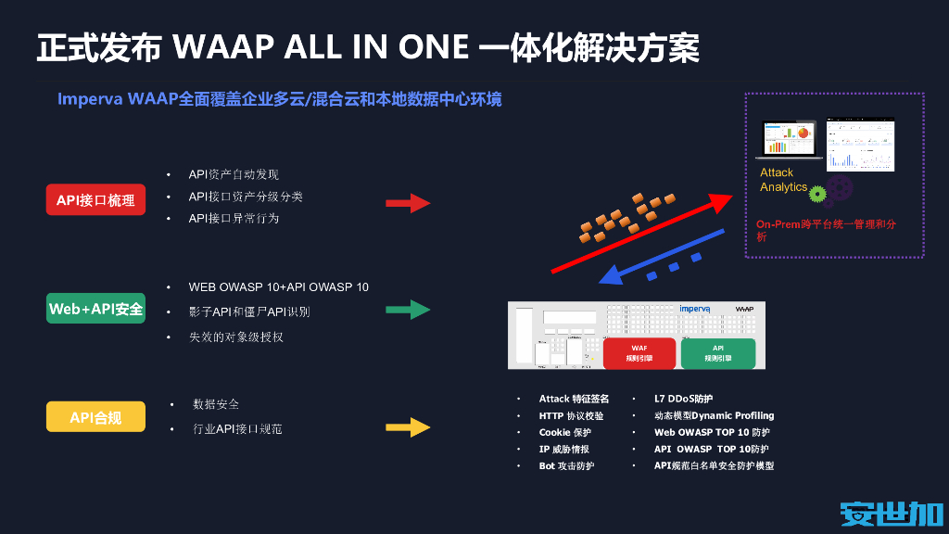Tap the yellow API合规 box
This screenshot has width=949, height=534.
[x=95, y=417]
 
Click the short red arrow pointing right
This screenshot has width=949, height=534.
[x=408, y=202]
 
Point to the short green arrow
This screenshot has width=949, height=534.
[x=408, y=310]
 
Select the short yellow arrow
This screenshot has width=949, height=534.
[x=408, y=427]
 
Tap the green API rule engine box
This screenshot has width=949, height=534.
[x=717, y=353]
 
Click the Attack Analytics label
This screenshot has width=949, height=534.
[x=783, y=180]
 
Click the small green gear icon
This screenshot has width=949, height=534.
[x=816, y=194]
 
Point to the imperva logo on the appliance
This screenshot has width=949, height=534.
[x=694, y=309]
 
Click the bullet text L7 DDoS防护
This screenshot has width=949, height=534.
[x=683, y=399]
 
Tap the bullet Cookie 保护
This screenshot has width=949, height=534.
[x=564, y=432]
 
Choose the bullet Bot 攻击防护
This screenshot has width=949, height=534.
[x=566, y=465]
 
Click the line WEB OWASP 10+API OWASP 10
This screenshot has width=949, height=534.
[x=278, y=286]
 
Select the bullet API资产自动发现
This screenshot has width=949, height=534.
[x=234, y=174]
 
